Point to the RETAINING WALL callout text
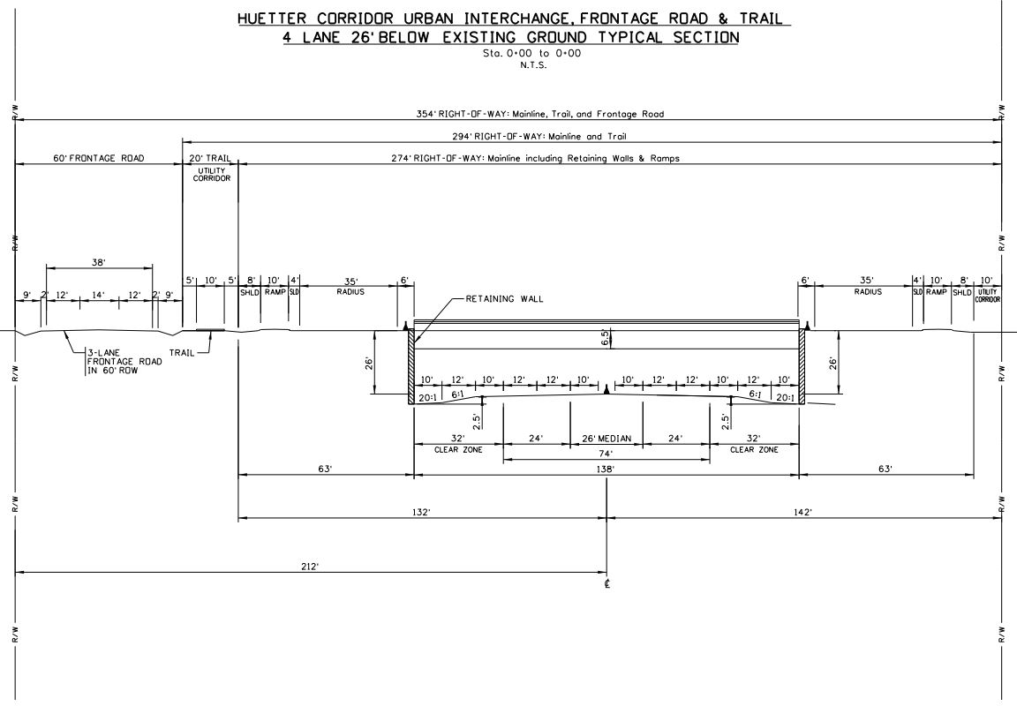pos(504,299)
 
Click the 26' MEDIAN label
pos(606,439)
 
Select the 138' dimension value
pos(606,471)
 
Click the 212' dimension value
pos(308,567)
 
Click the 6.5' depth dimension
pos(602,338)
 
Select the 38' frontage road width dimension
pos(98,262)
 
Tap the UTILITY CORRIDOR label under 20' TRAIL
pos(210,174)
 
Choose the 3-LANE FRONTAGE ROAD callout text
pos(109,359)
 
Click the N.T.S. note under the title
pos(510,64)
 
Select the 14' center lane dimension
pos(98,294)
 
